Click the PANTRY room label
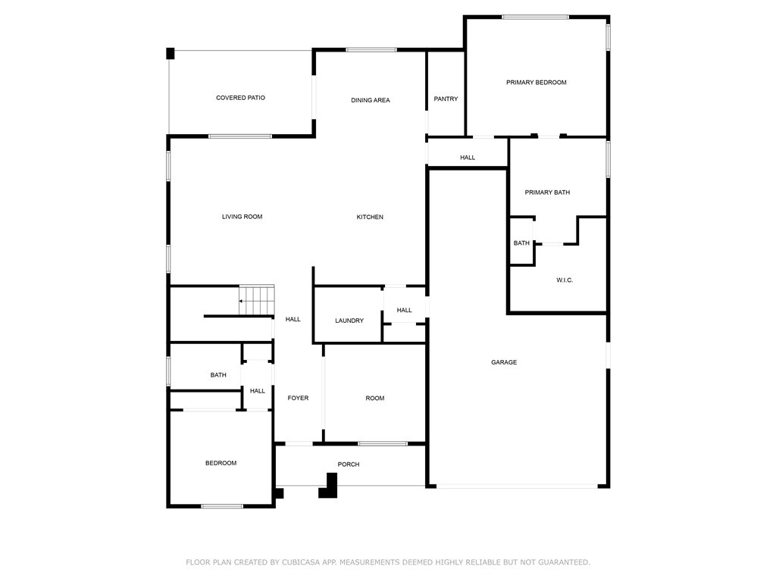[446, 99]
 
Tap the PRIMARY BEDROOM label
[537, 83]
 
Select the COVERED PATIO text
[240, 98]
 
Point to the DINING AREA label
[371, 100]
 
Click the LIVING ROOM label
[242, 217]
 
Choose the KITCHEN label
[370, 217]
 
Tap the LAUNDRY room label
[349, 321]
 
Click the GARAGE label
[504, 362]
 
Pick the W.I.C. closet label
[565, 280]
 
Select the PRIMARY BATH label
[547, 192]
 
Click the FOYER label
[298, 399]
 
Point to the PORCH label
[349, 465]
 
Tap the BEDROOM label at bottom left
[221, 463]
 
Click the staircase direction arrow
[242, 302]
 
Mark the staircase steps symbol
[257, 299]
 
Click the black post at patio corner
[171, 53]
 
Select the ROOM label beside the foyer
[375, 399]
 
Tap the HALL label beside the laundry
[404, 310]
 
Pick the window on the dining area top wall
[371, 50]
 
